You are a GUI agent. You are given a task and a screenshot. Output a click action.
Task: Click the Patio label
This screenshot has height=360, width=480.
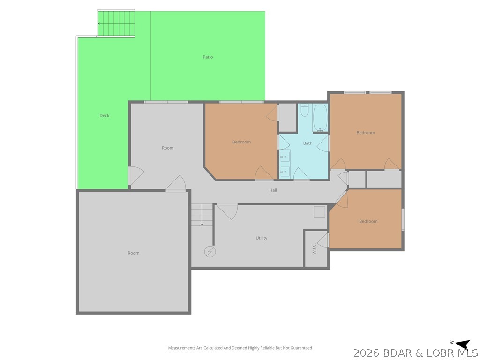coord(208,57)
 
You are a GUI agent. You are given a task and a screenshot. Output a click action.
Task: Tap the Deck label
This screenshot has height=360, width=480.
coord(105,115)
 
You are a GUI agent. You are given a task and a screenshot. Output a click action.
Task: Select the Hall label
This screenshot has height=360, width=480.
coord(273,190)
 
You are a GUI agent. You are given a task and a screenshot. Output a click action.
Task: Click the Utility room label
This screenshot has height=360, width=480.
coord(262,238)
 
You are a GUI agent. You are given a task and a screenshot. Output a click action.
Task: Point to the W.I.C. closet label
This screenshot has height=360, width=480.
coord(314,248)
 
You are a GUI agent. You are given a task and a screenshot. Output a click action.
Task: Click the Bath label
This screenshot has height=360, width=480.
coord(307,143)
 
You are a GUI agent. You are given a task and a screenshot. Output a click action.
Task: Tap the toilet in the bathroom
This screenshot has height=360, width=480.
coord(305,111)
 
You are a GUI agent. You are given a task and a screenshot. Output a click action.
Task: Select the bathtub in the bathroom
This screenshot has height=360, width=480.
coord(320,118)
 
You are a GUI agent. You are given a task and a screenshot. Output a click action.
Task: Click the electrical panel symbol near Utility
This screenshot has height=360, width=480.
coord(210,252)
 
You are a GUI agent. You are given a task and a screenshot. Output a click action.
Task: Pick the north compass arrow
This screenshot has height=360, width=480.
coord(463,344)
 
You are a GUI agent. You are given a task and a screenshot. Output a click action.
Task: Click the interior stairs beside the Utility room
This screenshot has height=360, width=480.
coord(202,215)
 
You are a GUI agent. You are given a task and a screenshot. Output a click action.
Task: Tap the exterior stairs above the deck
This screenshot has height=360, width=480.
coord(116,23)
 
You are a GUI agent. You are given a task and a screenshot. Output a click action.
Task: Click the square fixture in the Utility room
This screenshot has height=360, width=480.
coord(319,212)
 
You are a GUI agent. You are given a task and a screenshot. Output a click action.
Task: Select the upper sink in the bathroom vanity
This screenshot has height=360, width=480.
coord(285,157)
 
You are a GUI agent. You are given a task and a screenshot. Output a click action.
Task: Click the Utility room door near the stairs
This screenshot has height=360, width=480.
coord(227,211)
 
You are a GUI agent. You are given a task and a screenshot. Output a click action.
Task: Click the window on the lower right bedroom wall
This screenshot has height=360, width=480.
coord(403,219)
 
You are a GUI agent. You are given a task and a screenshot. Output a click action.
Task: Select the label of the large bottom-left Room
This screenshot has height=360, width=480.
coord(134,253)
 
